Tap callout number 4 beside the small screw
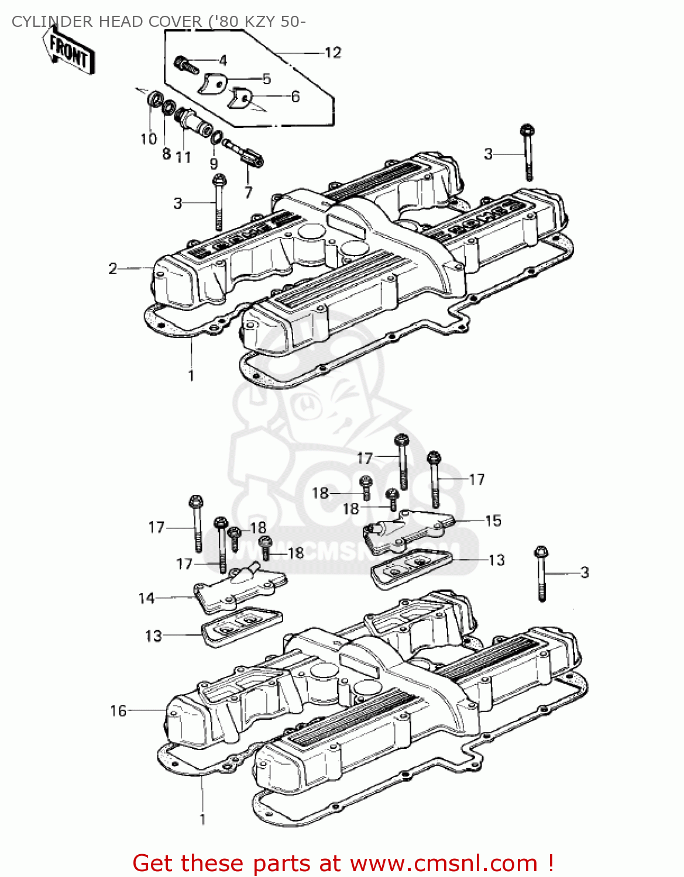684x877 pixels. click(x=222, y=60)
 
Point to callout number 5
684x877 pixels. click(x=266, y=78)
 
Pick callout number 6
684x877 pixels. click(x=295, y=96)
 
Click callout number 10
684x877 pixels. click(x=149, y=139)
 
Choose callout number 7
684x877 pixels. click(x=248, y=192)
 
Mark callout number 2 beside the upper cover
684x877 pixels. click(x=113, y=268)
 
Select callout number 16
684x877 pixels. click(x=118, y=710)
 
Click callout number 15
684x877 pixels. click(x=493, y=520)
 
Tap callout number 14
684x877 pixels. click(x=146, y=598)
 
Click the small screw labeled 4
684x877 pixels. click(x=187, y=64)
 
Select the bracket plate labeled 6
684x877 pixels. click(x=240, y=99)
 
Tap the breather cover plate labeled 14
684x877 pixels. click(x=240, y=588)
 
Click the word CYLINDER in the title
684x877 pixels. click(x=53, y=22)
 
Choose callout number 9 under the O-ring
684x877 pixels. click(x=214, y=164)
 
